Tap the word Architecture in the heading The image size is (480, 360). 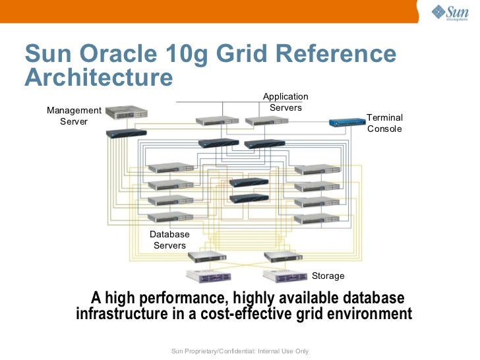[x=98, y=78]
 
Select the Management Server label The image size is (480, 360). [x=74, y=116]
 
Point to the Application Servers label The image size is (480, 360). [x=285, y=102]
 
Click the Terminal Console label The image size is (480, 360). [x=384, y=123]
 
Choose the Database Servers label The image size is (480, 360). [x=169, y=240]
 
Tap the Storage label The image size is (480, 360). [x=328, y=276]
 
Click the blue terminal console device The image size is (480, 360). [x=347, y=122]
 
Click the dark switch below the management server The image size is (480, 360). [x=126, y=133]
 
